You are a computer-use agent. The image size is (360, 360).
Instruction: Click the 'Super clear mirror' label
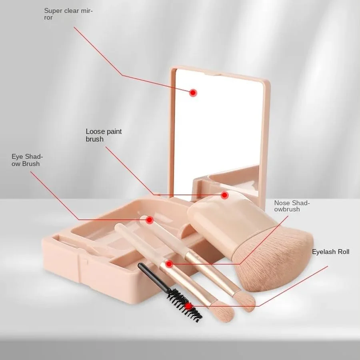(68, 14)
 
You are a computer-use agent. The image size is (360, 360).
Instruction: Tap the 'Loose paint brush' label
(104, 135)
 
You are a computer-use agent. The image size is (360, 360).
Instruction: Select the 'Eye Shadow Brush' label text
(27, 160)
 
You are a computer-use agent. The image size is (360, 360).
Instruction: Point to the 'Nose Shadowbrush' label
(292, 206)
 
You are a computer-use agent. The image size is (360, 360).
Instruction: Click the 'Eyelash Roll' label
(330, 252)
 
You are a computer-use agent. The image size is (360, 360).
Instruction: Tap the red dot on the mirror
(193, 93)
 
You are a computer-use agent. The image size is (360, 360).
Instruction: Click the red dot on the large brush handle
(224, 195)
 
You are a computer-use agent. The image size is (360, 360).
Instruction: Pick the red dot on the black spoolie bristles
(188, 306)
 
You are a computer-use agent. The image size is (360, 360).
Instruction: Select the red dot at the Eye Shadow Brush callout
(150, 220)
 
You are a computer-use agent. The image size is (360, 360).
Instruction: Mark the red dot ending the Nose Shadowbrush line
(169, 264)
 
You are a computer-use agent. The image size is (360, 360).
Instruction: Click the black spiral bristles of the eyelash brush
(184, 304)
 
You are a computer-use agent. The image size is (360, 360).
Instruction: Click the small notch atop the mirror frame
(212, 74)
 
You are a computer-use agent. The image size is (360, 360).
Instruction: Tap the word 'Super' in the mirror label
(52, 11)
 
